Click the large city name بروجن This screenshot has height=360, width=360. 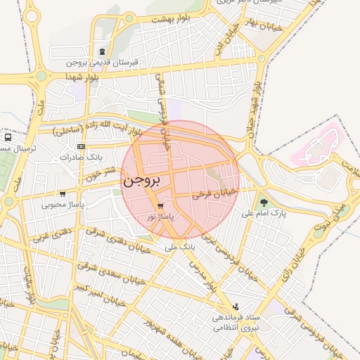tap(142, 180)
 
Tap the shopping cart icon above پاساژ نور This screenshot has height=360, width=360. tap(161, 206)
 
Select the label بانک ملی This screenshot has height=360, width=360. tap(179, 247)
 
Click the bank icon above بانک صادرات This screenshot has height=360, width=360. tap(82, 146)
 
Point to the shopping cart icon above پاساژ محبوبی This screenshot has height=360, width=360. tap(63, 194)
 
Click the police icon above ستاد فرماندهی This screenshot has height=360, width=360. tap(236, 307)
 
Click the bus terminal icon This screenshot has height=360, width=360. tap(8, 138)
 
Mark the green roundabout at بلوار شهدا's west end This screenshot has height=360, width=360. tap(41, 76)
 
